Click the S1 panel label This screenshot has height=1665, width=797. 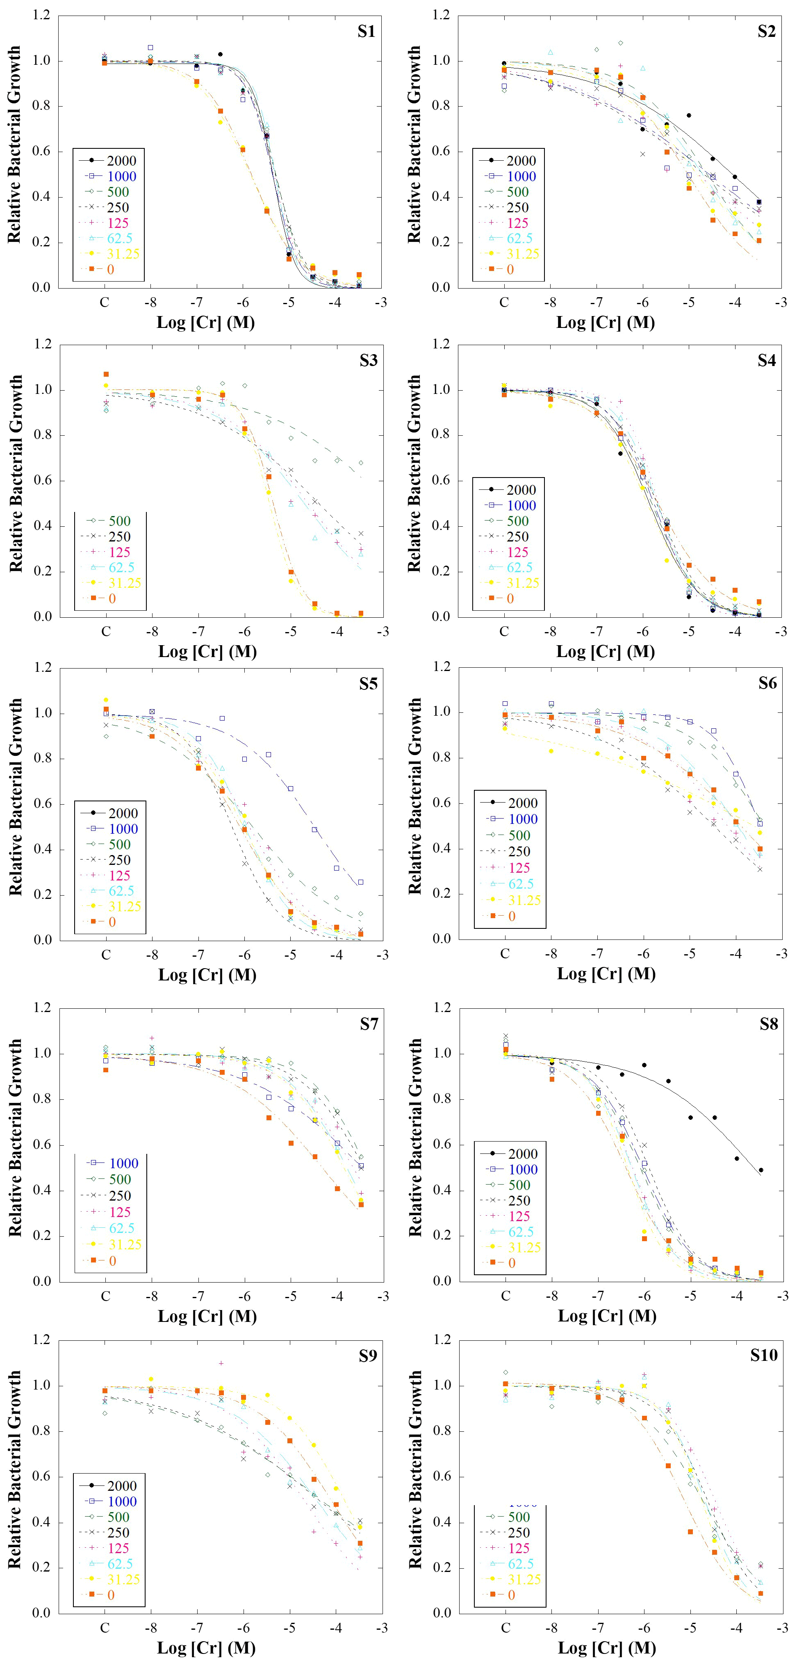pos(366,32)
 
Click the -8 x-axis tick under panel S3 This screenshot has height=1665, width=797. pos(153,632)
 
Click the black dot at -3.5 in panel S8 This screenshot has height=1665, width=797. pos(761,1170)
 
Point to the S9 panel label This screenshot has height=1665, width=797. pos(368,1356)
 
